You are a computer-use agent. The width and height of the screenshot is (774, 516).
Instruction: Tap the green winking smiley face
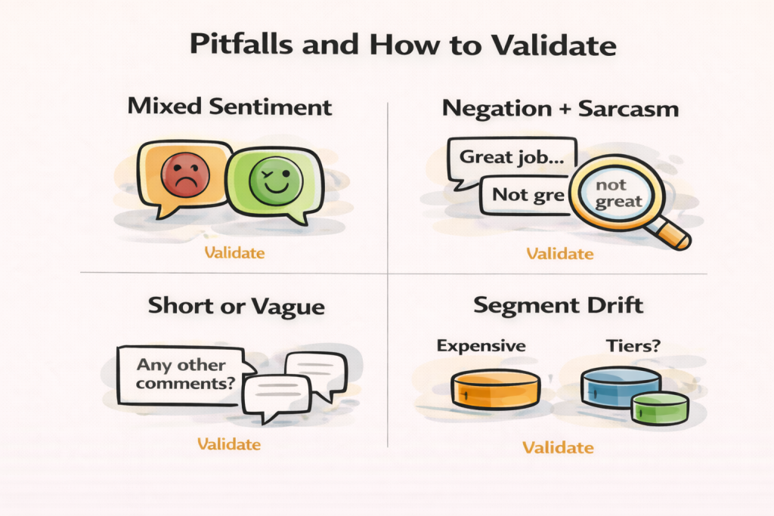(x=276, y=179)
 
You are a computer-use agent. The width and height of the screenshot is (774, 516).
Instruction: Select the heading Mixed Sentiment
(x=230, y=106)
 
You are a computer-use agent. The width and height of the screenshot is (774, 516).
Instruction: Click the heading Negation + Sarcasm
(x=560, y=109)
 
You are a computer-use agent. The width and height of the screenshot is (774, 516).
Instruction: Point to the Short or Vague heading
(x=236, y=307)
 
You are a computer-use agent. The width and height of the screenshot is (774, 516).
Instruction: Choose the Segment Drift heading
(x=558, y=306)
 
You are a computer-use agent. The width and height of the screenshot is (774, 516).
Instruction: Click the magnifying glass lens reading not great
(x=618, y=193)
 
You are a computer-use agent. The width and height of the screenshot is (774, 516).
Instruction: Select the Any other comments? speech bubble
(x=182, y=373)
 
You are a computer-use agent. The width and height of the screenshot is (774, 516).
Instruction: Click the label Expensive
(x=481, y=346)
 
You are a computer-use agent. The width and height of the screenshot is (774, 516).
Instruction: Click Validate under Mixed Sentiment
(x=233, y=252)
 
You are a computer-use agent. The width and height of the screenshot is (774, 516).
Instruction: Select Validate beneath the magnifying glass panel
(x=560, y=253)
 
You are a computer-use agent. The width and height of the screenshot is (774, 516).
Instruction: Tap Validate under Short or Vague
(x=228, y=443)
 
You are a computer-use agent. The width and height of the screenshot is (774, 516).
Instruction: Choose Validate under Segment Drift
(x=558, y=447)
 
